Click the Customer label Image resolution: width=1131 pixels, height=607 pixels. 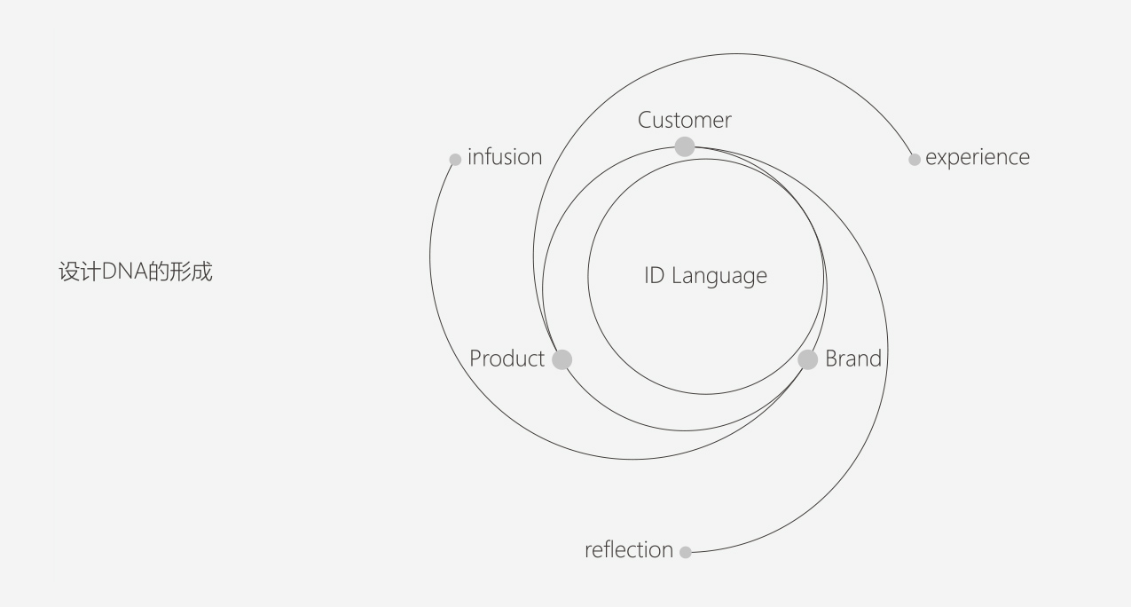pos(684,120)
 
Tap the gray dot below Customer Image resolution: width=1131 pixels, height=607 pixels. pos(685,146)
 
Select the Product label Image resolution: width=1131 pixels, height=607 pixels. pos(507,359)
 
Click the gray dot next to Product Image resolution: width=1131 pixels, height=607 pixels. pos(562,359)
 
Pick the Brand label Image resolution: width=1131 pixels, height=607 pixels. pos(853,359)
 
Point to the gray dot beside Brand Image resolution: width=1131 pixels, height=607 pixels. pos(807,359)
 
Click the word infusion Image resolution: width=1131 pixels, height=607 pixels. pos(505,157)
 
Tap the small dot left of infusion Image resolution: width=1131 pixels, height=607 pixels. pos(455,160)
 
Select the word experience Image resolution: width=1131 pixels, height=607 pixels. pos(978,158)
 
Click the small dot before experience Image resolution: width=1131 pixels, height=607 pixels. pos(915,160)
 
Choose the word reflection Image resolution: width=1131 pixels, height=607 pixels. pos(629,550)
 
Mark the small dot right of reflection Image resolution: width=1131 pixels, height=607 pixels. pos(686,552)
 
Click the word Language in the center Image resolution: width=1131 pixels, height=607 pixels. pos(719,276)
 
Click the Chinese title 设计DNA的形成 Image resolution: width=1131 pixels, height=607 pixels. pos(135,272)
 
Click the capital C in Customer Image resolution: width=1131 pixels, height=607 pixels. pos(646,120)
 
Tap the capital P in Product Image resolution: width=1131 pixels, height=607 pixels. pos(475,359)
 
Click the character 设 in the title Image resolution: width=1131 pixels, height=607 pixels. pos(67,272)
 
